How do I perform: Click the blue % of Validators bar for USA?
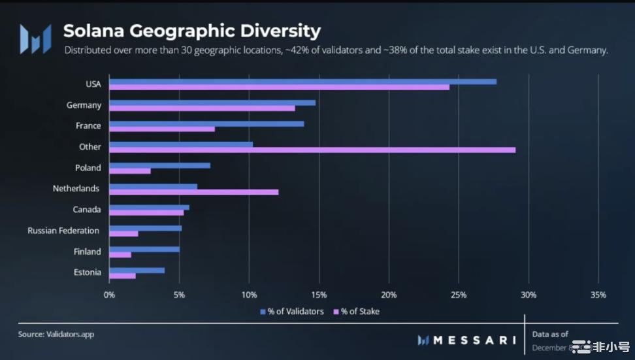pyautogui.click(x=302, y=82)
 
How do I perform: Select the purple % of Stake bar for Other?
pyautogui.click(x=312, y=150)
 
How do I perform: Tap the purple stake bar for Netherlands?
pyautogui.click(x=193, y=192)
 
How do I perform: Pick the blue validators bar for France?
pyautogui.click(x=206, y=123)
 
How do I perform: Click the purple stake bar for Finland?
pyautogui.click(x=120, y=255)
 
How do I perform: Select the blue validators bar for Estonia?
pyautogui.click(x=137, y=270)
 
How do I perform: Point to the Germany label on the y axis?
pyautogui.click(x=84, y=105)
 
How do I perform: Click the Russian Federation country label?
pyautogui.click(x=63, y=231)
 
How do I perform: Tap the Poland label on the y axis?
pyautogui.click(x=88, y=168)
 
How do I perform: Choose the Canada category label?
pyautogui.click(x=87, y=210)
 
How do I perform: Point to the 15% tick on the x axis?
pyautogui.click(x=319, y=295)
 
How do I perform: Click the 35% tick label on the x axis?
pyautogui.click(x=598, y=295)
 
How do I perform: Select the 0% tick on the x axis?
pyautogui.click(x=110, y=295)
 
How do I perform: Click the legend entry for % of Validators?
pyautogui.click(x=292, y=312)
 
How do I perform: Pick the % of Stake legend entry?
pyautogui.click(x=357, y=312)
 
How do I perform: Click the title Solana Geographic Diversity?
pyautogui.click(x=191, y=31)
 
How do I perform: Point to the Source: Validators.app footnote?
pyautogui.click(x=56, y=334)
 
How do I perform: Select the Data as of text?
pyautogui.click(x=550, y=334)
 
